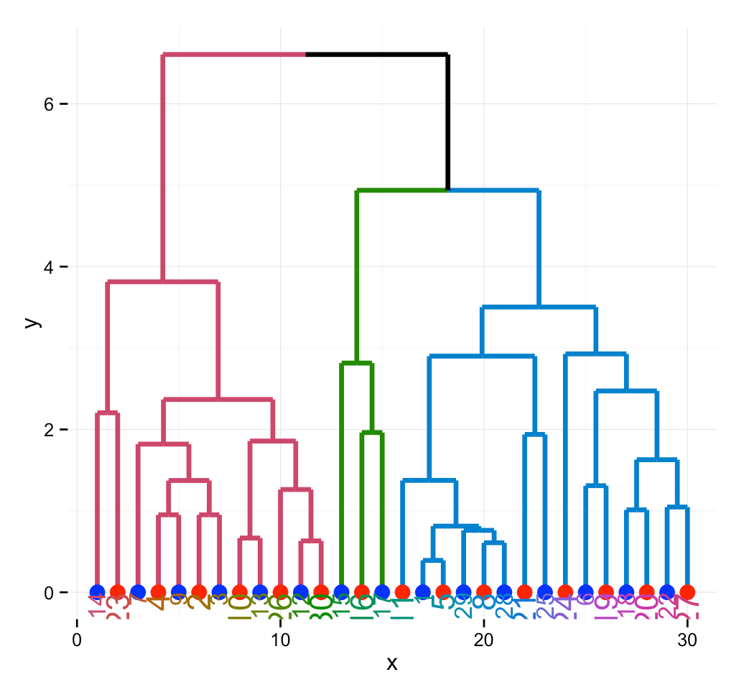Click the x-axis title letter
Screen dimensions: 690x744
[391, 663]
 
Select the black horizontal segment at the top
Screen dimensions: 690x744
[376, 54]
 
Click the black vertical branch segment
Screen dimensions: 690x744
[448, 122]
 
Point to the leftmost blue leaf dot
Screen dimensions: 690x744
[98, 592]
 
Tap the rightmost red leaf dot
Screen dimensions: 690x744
[687, 592]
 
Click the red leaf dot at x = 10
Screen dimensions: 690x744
[280, 592]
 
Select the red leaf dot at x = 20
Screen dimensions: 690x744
[484, 592]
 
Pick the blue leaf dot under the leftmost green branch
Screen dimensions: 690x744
[342, 592]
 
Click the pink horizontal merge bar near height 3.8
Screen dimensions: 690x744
[162, 282]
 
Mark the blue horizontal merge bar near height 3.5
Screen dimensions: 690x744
[539, 307]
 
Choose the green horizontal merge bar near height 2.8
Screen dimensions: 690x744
[356, 364]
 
